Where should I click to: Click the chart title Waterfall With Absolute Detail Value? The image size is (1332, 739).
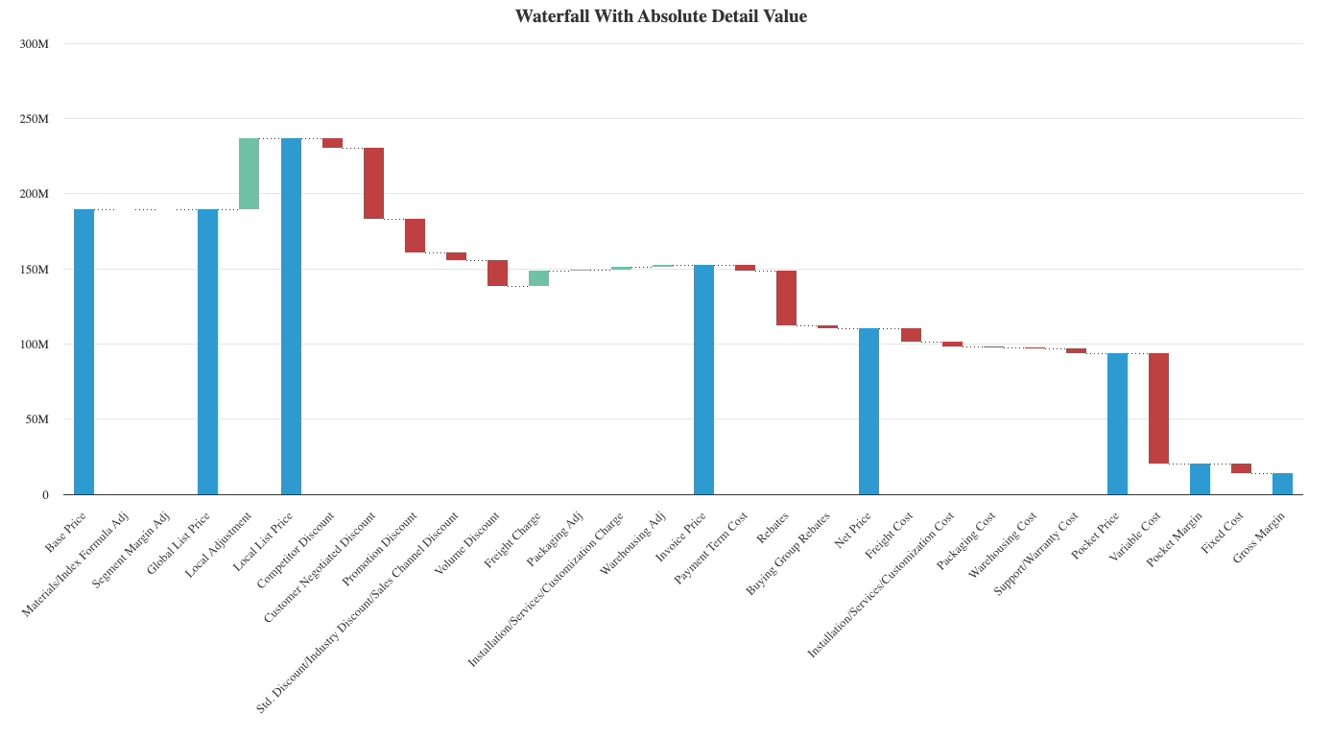pyautogui.click(x=661, y=15)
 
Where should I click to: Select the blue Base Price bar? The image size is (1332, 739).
pyautogui.click(x=84, y=351)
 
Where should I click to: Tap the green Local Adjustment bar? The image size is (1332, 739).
pyautogui.click(x=250, y=174)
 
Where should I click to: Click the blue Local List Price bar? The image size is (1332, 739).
pyautogui.click(x=291, y=317)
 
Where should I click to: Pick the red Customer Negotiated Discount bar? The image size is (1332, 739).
pyautogui.click(x=373, y=183)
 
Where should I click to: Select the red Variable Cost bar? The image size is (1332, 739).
pyautogui.click(x=1158, y=409)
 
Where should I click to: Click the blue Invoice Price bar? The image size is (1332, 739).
pyautogui.click(x=703, y=379)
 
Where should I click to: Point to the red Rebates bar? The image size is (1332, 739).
pyautogui.click(x=786, y=298)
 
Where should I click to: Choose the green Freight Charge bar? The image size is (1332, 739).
pyautogui.click(x=538, y=278)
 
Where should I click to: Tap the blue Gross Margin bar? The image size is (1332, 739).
pyautogui.click(x=1282, y=484)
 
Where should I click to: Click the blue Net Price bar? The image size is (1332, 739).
pyautogui.click(x=868, y=411)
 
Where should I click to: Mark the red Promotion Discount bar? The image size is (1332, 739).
pyautogui.click(x=415, y=236)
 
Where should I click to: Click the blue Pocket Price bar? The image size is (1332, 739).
pyautogui.click(x=1117, y=424)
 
